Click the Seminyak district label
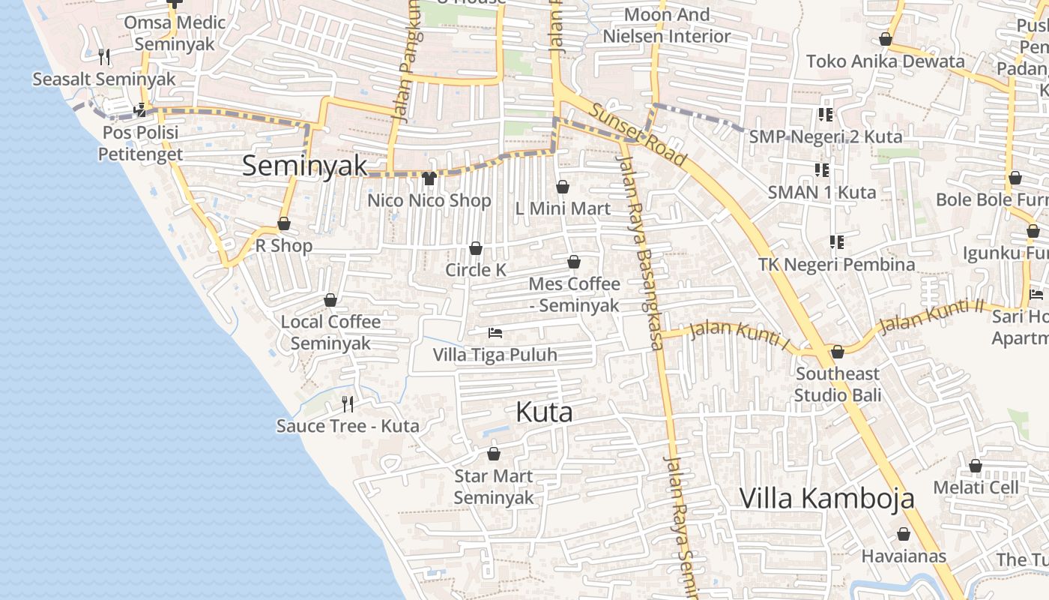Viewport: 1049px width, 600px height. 304,166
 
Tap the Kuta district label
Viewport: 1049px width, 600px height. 544,412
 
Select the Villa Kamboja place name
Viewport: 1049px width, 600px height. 827,498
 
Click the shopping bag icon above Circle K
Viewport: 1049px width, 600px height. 475,248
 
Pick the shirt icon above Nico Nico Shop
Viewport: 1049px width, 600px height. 429,178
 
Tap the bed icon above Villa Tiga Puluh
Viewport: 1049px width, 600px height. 495,332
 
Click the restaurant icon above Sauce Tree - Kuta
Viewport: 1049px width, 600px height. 348,404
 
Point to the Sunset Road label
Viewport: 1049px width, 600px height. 638,134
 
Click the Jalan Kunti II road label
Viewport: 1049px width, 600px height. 931,316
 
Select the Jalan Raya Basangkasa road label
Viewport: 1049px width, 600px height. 640,247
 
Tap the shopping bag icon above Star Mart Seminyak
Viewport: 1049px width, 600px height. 494,454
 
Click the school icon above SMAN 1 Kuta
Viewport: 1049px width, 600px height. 821,170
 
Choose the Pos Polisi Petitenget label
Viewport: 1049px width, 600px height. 140,143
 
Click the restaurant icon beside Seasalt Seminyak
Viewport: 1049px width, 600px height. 104,56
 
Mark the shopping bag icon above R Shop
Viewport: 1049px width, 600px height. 284,223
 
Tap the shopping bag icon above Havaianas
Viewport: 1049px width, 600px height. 904,534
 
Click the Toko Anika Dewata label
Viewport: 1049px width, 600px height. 886,61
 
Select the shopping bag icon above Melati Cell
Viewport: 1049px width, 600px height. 976,466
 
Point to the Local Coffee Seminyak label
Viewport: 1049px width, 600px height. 330,332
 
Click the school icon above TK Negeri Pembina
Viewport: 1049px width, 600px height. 836,242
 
